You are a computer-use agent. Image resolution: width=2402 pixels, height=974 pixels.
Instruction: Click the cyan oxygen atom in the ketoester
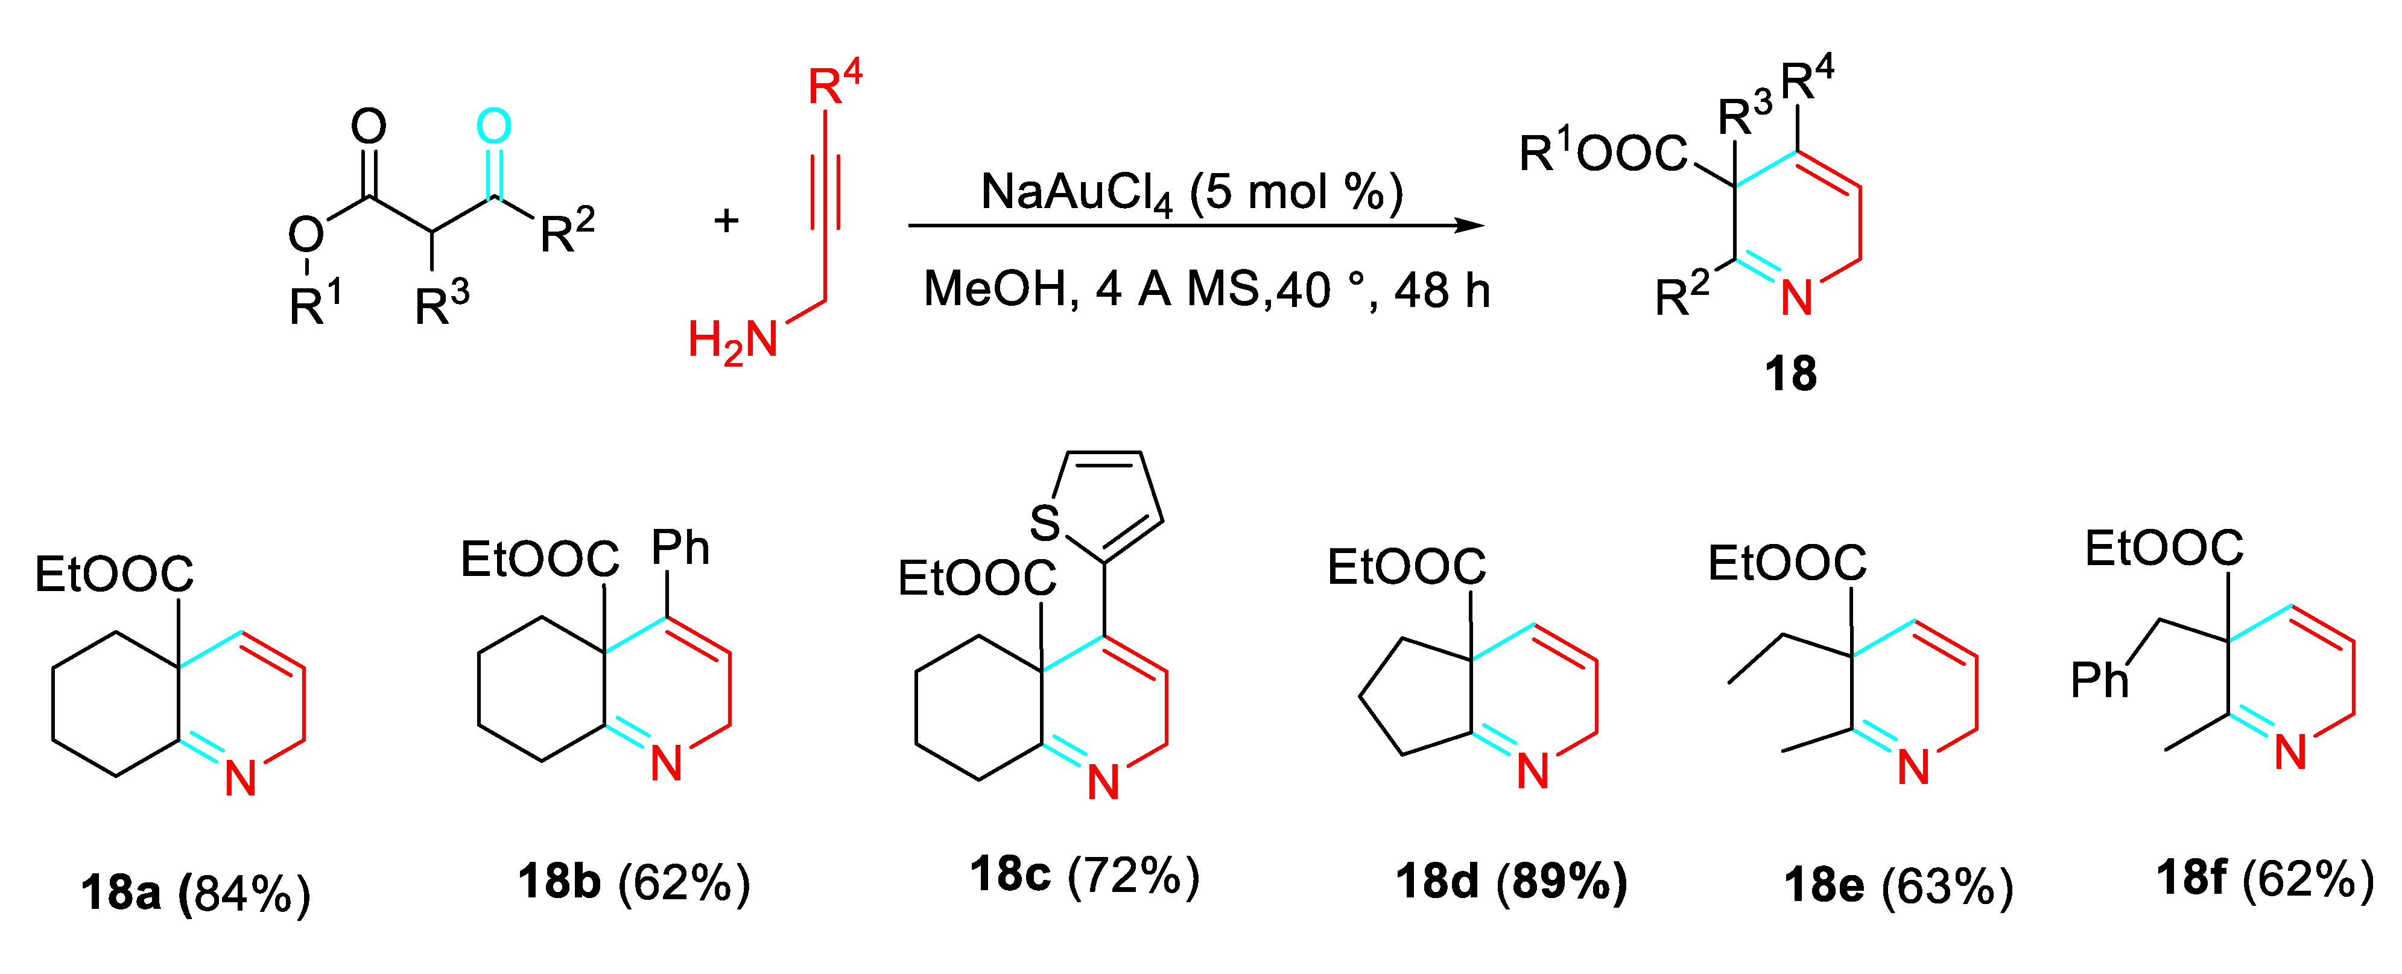(x=493, y=127)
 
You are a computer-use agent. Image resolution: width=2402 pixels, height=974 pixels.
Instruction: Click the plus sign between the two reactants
(x=726, y=221)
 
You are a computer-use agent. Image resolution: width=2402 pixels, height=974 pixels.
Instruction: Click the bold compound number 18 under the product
(x=1790, y=374)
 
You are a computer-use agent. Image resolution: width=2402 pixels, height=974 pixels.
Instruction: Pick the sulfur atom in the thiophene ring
(x=1045, y=523)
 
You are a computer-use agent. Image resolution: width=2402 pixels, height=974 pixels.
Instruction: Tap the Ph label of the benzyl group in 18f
(x=2100, y=680)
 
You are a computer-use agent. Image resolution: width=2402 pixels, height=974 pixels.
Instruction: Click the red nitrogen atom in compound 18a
(x=241, y=778)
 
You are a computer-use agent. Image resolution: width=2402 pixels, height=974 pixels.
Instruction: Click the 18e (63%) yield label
(x=1898, y=885)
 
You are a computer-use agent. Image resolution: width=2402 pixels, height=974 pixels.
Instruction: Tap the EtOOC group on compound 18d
(x=1406, y=567)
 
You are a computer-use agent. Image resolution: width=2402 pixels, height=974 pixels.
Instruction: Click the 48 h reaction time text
(x=1442, y=291)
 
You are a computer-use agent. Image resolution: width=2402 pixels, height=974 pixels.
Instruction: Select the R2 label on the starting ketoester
(x=566, y=231)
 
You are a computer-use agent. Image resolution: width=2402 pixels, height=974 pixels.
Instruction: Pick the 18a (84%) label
(x=195, y=891)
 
